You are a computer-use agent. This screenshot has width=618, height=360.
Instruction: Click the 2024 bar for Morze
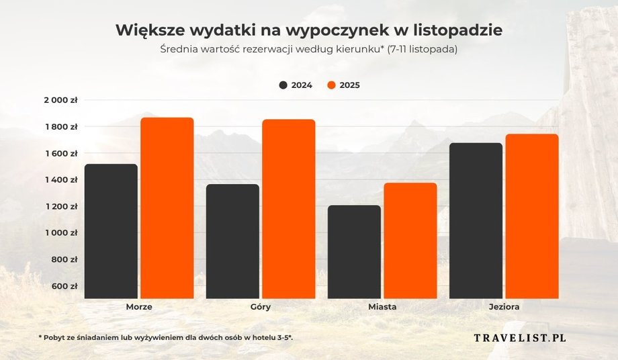click(112, 231)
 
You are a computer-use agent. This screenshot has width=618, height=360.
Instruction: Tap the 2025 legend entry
click(343, 85)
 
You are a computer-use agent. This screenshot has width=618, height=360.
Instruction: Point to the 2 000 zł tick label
click(62, 100)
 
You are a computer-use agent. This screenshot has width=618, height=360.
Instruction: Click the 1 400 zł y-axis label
click(62, 180)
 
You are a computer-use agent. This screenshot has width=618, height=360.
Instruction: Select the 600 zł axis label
click(65, 286)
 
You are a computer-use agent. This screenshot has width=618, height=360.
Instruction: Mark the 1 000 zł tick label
click(62, 233)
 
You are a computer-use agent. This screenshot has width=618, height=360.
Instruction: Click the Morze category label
click(139, 307)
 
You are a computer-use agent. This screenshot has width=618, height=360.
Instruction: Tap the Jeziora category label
click(504, 307)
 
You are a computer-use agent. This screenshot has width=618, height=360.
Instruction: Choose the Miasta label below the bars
click(382, 307)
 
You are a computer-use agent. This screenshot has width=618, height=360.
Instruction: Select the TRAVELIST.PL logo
click(520, 337)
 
